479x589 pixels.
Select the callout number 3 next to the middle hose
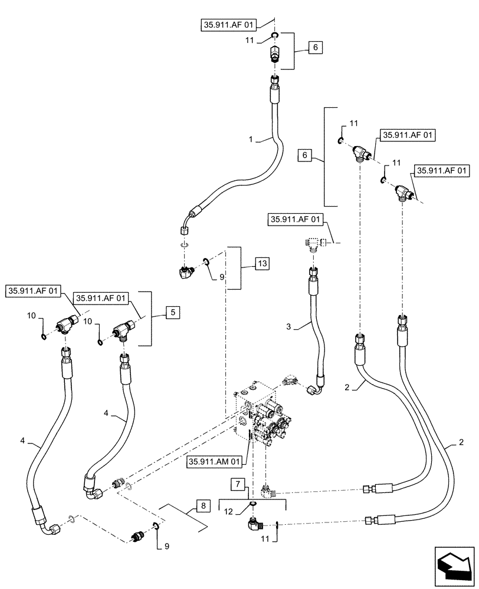288,326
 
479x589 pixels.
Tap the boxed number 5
173,313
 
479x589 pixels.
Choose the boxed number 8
202,505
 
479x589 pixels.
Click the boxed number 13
261,263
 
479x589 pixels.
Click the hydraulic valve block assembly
262,415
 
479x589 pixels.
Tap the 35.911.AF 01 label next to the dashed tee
296,220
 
